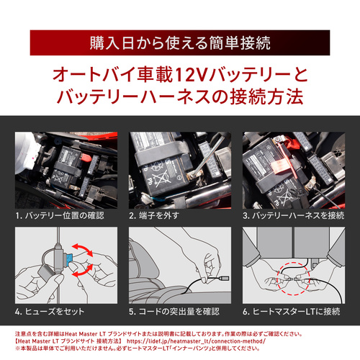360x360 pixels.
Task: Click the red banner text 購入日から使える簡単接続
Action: click(x=180, y=42)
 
